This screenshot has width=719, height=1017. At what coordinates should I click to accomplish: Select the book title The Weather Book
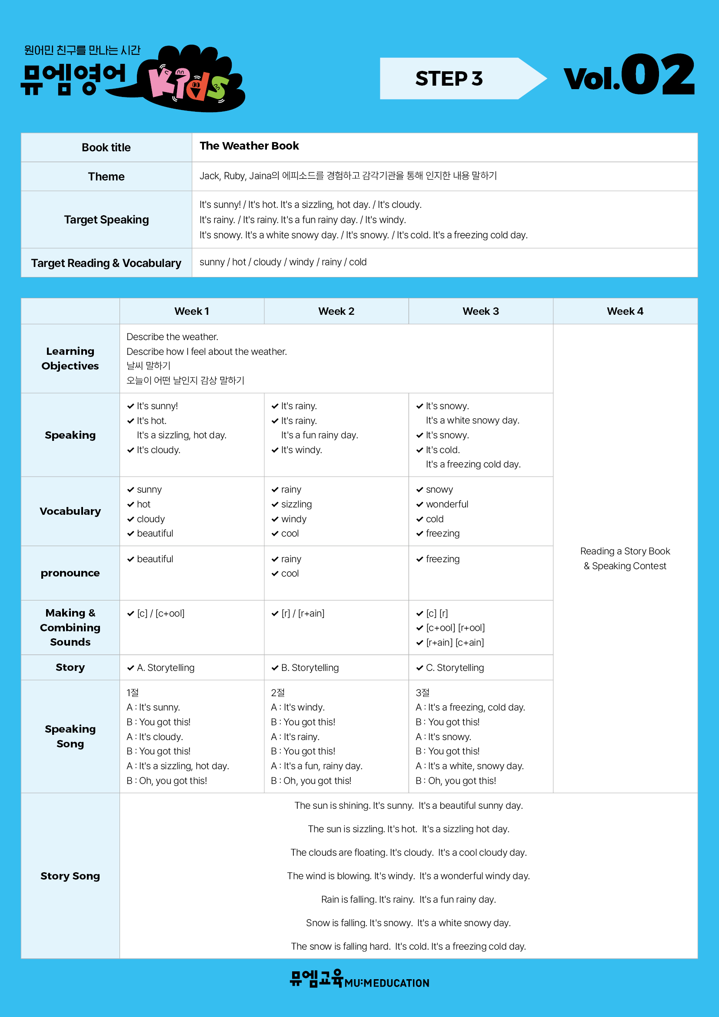[x=249, y=146]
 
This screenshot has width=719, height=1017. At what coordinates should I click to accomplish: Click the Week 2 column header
[x=336, y=311]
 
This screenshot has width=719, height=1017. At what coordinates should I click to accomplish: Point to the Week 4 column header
[x=625, y=311]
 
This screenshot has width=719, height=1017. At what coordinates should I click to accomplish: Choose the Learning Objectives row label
[x=70, y=358]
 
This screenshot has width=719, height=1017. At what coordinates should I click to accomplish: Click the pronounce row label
[x=70, y=573]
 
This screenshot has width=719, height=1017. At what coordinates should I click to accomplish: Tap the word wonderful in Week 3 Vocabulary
[x=447, y=504]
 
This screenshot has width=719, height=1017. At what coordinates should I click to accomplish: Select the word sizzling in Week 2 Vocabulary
[x=296, y=504]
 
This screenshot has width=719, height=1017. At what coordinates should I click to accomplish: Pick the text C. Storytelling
[x=455, y=667]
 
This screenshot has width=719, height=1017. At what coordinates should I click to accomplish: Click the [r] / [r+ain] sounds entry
[x=303, y=613]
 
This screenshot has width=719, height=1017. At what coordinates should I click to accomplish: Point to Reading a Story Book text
[x=625, y=551]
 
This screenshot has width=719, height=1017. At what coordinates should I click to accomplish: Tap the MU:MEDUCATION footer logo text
[x=386, y=983]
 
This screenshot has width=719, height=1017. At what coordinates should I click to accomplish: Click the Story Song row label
[x=70, y=876]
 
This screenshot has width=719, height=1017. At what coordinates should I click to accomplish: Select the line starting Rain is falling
[x=408, y=899]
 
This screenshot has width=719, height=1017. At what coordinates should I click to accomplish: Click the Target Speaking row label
[x=106, y=220]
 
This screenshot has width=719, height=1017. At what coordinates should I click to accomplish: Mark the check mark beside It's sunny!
[x=130, y=406]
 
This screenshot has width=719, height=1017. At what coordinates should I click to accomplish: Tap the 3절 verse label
[x=423, y=692]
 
